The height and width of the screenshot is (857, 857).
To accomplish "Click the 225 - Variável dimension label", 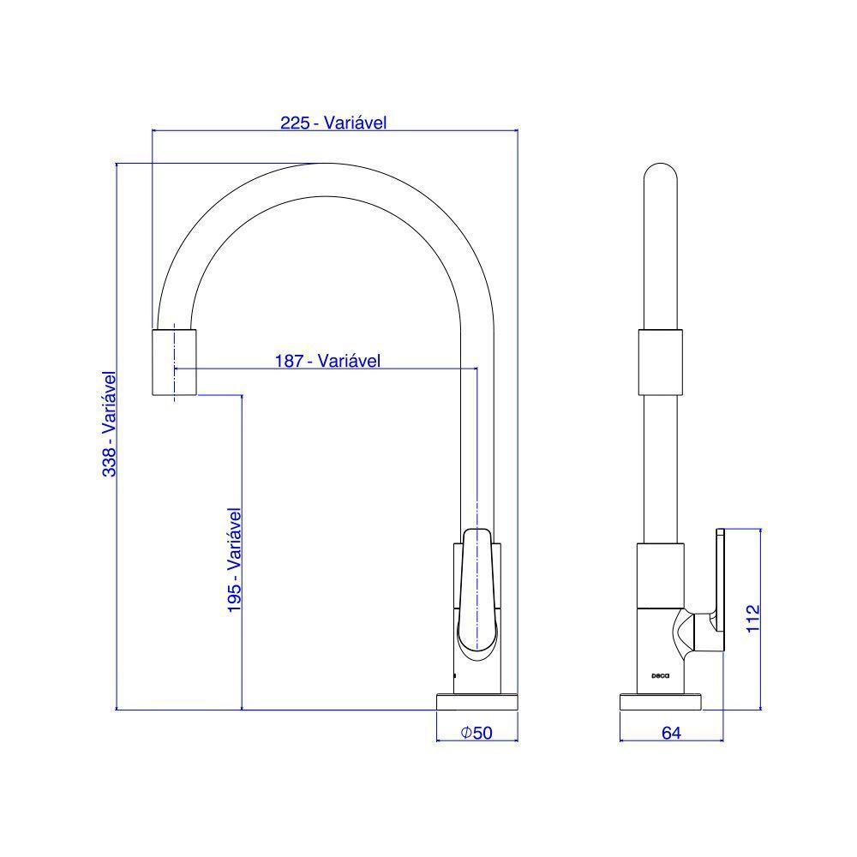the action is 333,123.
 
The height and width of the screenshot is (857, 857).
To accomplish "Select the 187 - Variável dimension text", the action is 327,361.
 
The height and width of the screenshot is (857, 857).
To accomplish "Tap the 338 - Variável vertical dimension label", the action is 110,424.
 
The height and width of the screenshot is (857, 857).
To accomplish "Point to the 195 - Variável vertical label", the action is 235,560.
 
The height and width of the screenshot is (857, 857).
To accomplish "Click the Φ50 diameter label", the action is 476,733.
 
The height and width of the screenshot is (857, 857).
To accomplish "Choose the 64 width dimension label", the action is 671,733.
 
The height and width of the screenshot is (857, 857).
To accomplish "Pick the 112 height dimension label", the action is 753,618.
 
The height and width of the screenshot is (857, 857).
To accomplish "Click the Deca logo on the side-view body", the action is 660,675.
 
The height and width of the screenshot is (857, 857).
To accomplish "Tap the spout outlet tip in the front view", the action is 174,362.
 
